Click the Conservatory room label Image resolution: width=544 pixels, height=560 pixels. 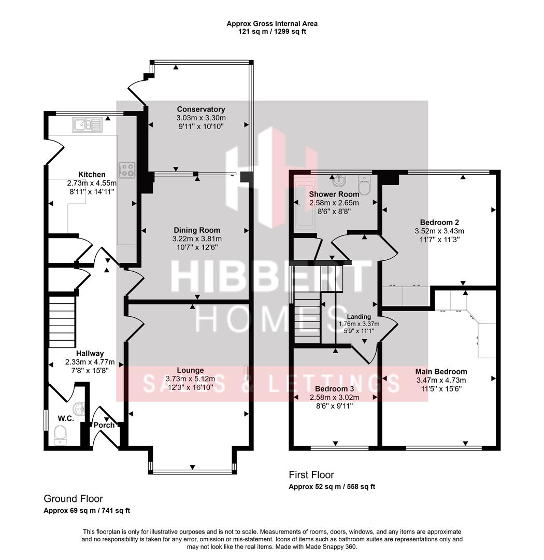(x=201, y=109)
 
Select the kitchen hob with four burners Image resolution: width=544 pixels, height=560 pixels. (x=127, y=169)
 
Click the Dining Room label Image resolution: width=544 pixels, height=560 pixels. (x=196, y=230)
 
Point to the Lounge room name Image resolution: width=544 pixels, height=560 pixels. (x=190, y=370)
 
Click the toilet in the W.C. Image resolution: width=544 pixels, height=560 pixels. (x=61, y=435)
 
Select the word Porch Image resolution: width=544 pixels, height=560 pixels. (x=104, y=425)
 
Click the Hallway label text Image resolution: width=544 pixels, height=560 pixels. (x=90, y=354)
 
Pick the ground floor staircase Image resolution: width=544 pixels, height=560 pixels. (x=62, y=321)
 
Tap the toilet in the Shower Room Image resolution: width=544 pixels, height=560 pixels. (x=365, y=186)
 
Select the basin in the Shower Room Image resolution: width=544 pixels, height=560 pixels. (x=339, y=181)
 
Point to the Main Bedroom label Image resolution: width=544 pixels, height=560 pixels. (x=441, y=371)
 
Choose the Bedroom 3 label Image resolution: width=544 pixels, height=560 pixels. (x=334, y=389)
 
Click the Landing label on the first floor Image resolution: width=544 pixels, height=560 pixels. (x=359, y=317)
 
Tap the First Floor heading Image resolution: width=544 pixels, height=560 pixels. (x=311, y=474)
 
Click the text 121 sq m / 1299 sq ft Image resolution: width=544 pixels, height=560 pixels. (x=272, y=32)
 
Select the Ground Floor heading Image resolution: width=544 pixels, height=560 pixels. (x=73, y=499)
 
